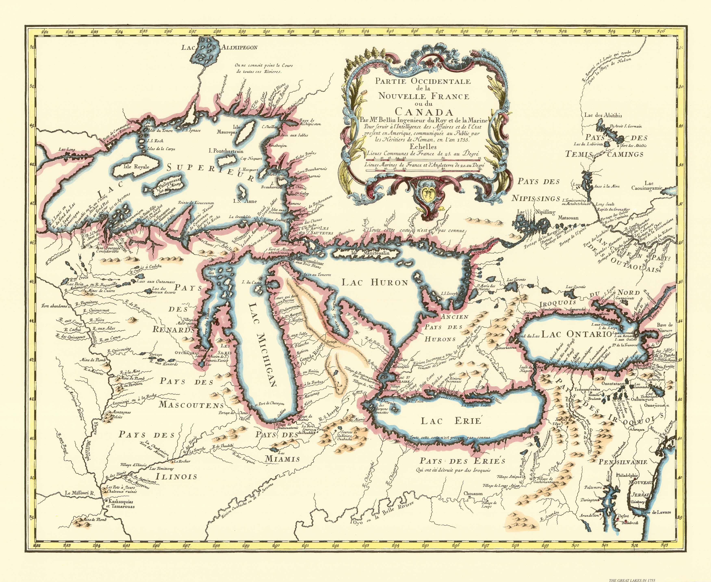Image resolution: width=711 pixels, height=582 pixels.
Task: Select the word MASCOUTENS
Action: pos(191,405)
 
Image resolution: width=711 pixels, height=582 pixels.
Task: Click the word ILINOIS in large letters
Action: pos(177,476)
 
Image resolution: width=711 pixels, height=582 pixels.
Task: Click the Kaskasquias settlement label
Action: pos(120,502)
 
